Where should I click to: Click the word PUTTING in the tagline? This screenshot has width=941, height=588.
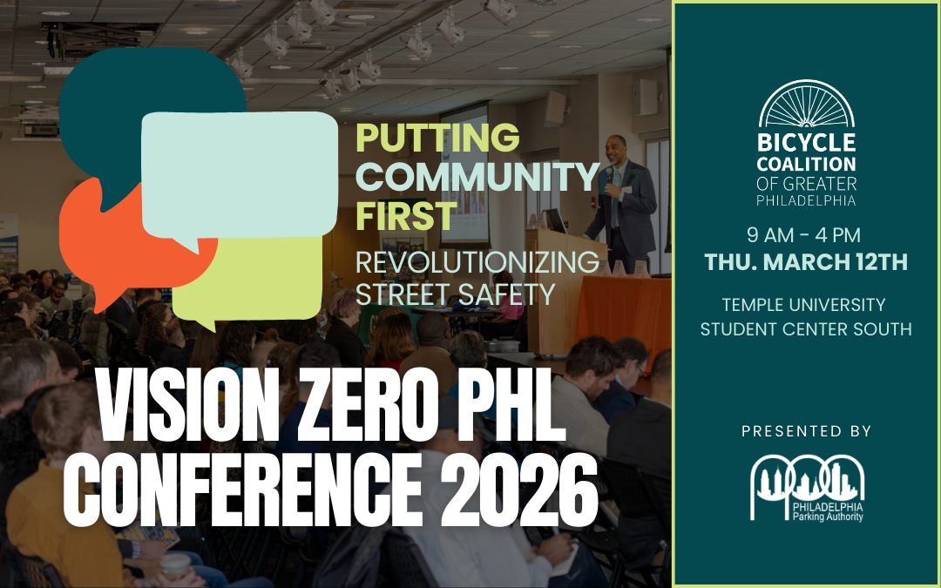(437, 138)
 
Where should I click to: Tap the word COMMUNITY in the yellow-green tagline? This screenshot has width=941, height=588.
(477, 177)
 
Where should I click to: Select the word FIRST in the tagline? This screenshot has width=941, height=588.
(406, 215)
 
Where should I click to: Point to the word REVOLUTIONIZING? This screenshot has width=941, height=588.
(477, 261)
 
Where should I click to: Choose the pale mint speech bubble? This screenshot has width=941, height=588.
(240, 174)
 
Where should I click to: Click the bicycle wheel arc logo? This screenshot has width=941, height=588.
(806, 105)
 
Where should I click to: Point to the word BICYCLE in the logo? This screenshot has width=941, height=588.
(806, 142)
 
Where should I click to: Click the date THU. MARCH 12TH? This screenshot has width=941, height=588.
(806, 261)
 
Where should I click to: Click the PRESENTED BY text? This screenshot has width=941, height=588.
(806, 431)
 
